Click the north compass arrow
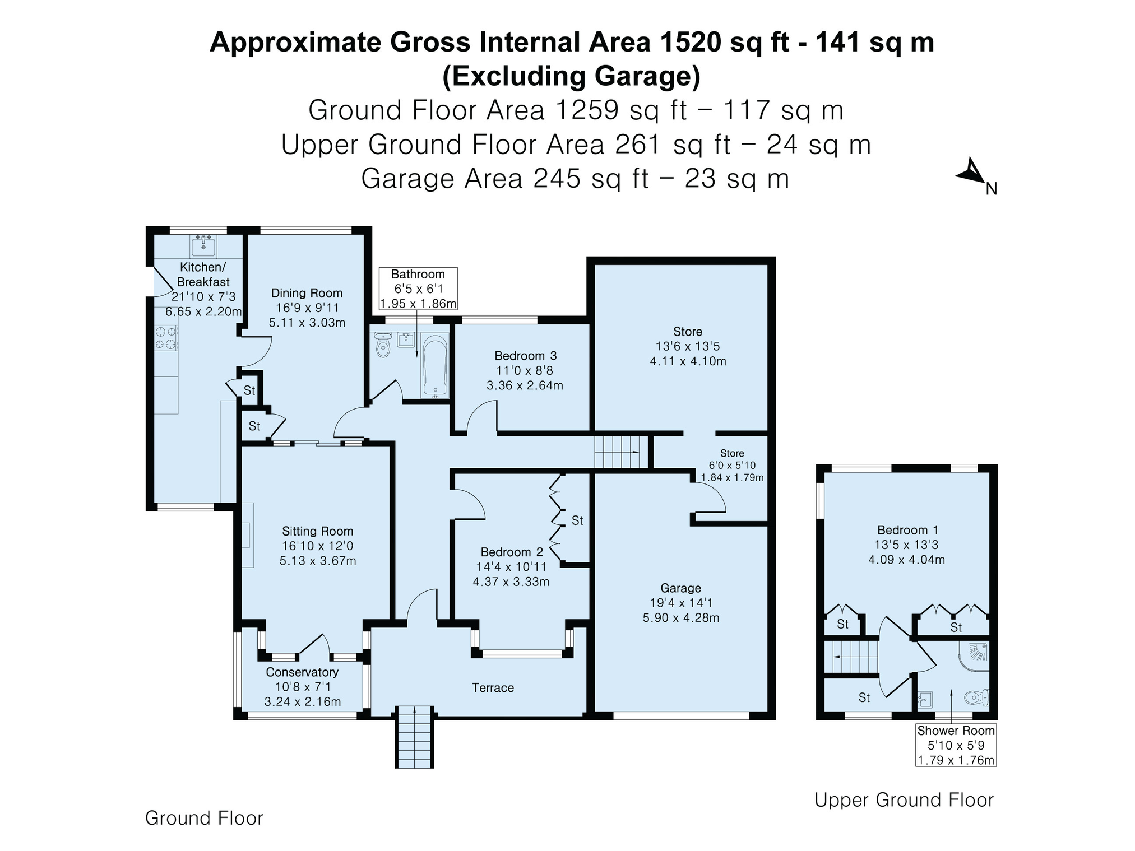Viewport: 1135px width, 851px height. (x=972, y=171)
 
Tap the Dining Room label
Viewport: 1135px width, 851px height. (x=307, y=293)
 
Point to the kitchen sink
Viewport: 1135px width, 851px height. (x=204, y=244)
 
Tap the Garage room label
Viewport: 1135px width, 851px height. (x=680, y=588)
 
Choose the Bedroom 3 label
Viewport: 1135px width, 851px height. (x=525, y=356)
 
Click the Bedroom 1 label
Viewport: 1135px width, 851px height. (x=907, y=530)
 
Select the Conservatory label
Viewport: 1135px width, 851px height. (x=302, y=672)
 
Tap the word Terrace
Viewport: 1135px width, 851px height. (x=493, y=688)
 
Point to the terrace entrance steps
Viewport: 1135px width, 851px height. (x=415, y=737)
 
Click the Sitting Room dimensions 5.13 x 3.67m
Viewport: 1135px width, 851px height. (x=318, y=561)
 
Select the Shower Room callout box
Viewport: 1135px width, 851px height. (x=956, y=745)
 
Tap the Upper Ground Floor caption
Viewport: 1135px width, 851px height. (x=904, y=800)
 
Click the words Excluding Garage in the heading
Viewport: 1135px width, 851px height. (x=571, y=76)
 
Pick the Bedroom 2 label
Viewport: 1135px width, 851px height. (x=512, y=552)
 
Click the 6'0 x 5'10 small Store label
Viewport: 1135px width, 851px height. (x=732, y=465)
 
